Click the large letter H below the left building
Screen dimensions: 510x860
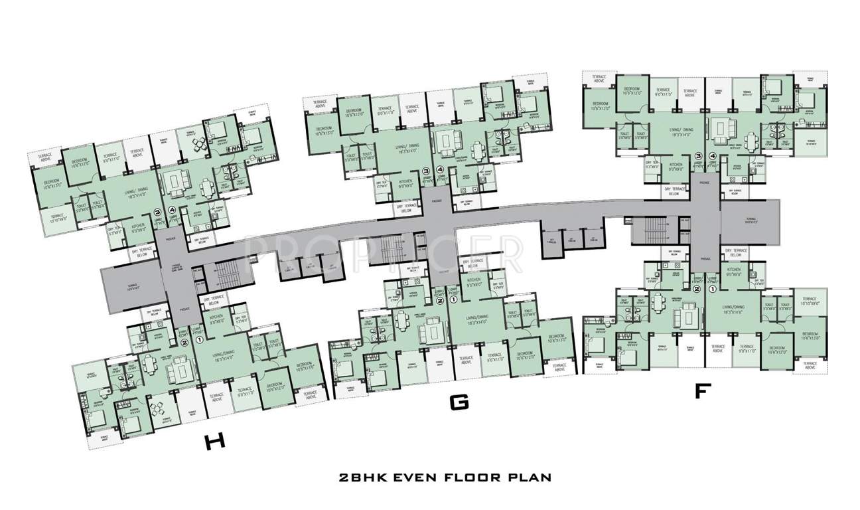(x=212, y=443)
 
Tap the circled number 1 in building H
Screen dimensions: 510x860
(x=200, y=340)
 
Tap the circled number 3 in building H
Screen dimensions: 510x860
(x=157, y=213)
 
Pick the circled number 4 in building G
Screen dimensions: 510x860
(x=440, y=169)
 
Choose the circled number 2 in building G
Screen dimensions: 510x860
(x=439, y=300)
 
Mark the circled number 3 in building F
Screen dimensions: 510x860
(x=697, y=156)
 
